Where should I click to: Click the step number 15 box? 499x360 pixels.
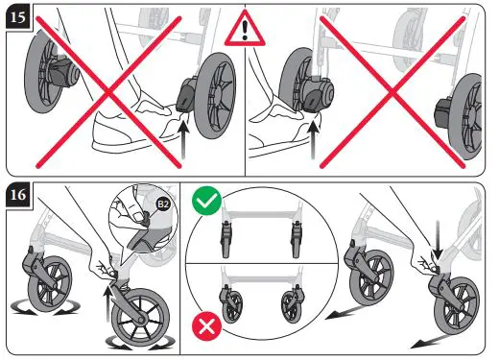click(16, 17)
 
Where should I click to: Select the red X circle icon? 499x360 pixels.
click(205, 326)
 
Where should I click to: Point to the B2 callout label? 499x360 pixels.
click(162, 205)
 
